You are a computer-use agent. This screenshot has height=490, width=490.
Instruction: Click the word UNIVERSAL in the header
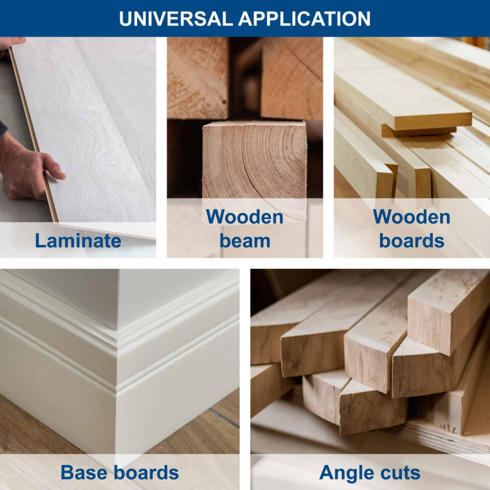(176, 19)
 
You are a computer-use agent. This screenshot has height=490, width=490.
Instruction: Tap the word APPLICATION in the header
(304, 19)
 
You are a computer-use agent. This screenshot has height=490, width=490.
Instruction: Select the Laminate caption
(78, 241)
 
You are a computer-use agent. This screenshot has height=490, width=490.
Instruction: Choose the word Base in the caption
(84, 472)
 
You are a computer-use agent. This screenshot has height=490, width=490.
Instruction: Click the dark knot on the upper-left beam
(224, 102)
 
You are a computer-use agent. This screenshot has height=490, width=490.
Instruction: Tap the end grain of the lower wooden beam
(254, 162)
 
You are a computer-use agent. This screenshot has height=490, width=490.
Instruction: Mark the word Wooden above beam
(244, 217)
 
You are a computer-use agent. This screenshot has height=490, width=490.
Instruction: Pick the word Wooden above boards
(412, 217)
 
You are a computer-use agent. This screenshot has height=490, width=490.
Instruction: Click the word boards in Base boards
(146, 472)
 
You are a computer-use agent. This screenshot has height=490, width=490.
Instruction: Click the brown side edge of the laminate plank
(33, 134)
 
